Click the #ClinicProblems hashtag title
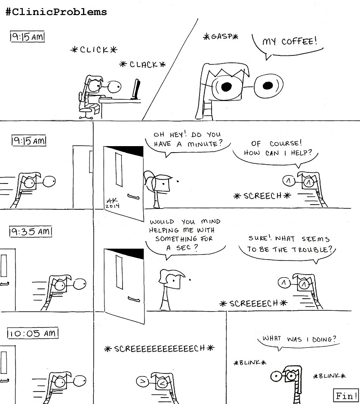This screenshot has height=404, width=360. (56, 12)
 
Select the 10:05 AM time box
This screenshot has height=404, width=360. (33, 333)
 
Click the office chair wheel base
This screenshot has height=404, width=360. (86, 114)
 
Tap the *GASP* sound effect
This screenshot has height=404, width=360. (220, 37)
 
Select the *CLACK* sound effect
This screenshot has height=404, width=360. (142, 64)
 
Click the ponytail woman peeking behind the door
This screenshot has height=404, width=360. (157, 185)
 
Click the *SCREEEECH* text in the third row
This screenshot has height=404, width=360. (253, 303)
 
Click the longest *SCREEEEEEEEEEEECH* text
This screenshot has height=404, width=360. (159, 349)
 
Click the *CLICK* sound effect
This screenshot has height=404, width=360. (94, 50)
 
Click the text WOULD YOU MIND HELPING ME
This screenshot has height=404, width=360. (185, 226)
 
